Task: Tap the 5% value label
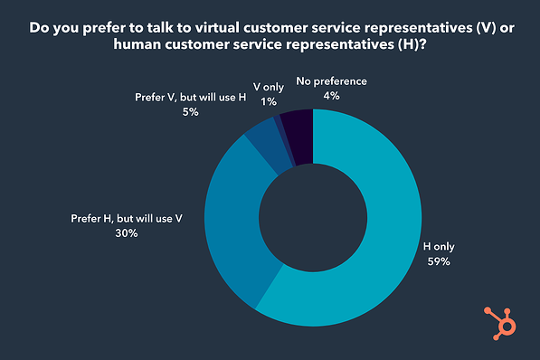pyautogui.click(x=190, y=113)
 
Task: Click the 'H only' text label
pyautogui.click(x=437, y=248)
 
